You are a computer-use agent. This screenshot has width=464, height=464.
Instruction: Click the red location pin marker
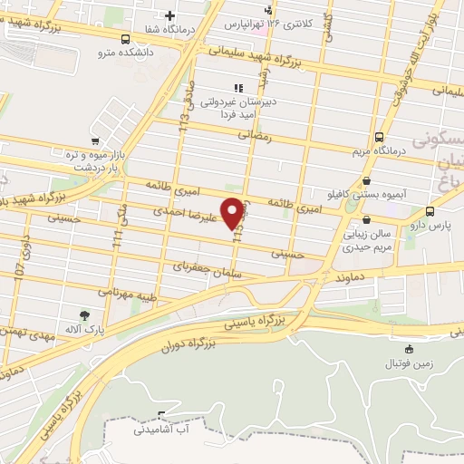pos(234,211)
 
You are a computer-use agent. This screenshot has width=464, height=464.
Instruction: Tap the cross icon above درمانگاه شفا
pos(169,15)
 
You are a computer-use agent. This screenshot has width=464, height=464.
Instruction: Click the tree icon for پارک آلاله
pos(84,314)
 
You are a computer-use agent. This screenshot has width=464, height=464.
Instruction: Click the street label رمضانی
pos(255,135)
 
